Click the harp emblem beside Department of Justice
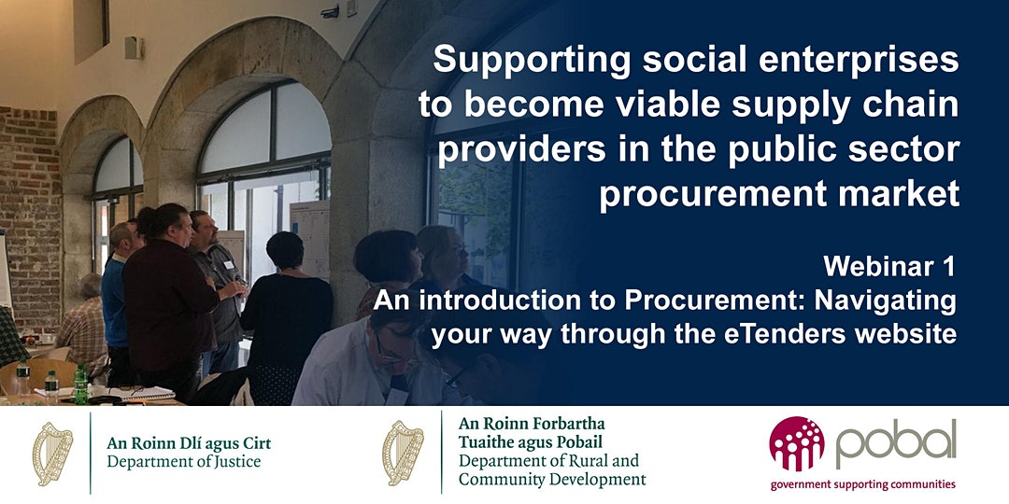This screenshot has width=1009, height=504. tap(52, 454)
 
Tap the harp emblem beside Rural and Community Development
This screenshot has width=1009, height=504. tap(403, 453)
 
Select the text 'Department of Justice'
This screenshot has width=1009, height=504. tap(184, 462)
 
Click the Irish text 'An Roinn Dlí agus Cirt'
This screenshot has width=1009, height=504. tap(189, 443)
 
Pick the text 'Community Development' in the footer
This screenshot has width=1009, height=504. tap(552, 479)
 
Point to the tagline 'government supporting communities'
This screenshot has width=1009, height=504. tap(863, 484)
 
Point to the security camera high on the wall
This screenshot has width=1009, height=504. tap(331, 11)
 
